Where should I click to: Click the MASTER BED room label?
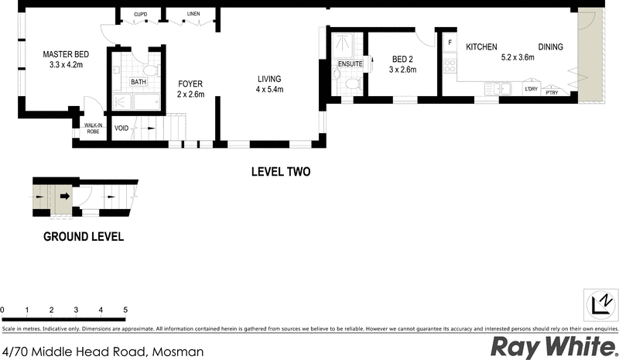pos(66,54)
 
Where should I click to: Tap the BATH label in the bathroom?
pos(138,82)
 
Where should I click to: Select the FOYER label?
pos(190,84)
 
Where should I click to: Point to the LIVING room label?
pos(269,78)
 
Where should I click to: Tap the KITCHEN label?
pos(480,47)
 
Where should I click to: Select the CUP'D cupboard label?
pos(141,15)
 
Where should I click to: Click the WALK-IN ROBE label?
pos(92,128)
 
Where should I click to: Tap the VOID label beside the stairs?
pos(121,129)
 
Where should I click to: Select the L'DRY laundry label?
pos(531,90)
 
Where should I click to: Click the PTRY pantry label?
pos(552,93)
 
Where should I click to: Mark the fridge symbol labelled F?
pos(449,43)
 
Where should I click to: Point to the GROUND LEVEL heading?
pos(83,237)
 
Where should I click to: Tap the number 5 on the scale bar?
pos(125,310)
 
